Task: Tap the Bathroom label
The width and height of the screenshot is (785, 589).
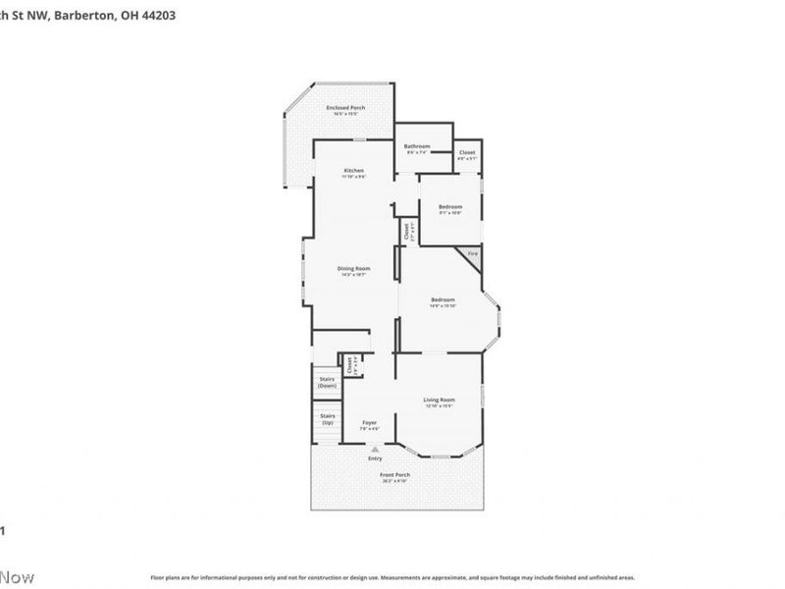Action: coord(417,146)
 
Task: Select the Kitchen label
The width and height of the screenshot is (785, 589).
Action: coord(353,171)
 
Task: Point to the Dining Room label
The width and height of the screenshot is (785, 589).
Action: coord(353,269)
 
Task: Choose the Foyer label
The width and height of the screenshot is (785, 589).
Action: coord(369,423)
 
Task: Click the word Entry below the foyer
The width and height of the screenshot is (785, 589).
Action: coord(375,458)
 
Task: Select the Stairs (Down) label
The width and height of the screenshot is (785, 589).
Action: coord(327,383)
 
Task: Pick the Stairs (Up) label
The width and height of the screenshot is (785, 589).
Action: coord(327,419)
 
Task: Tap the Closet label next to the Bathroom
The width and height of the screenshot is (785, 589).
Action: coord(467,152)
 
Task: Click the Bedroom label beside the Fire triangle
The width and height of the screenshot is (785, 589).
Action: coord(449,207)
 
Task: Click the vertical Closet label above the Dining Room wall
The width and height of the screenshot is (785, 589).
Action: coord(407,232)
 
